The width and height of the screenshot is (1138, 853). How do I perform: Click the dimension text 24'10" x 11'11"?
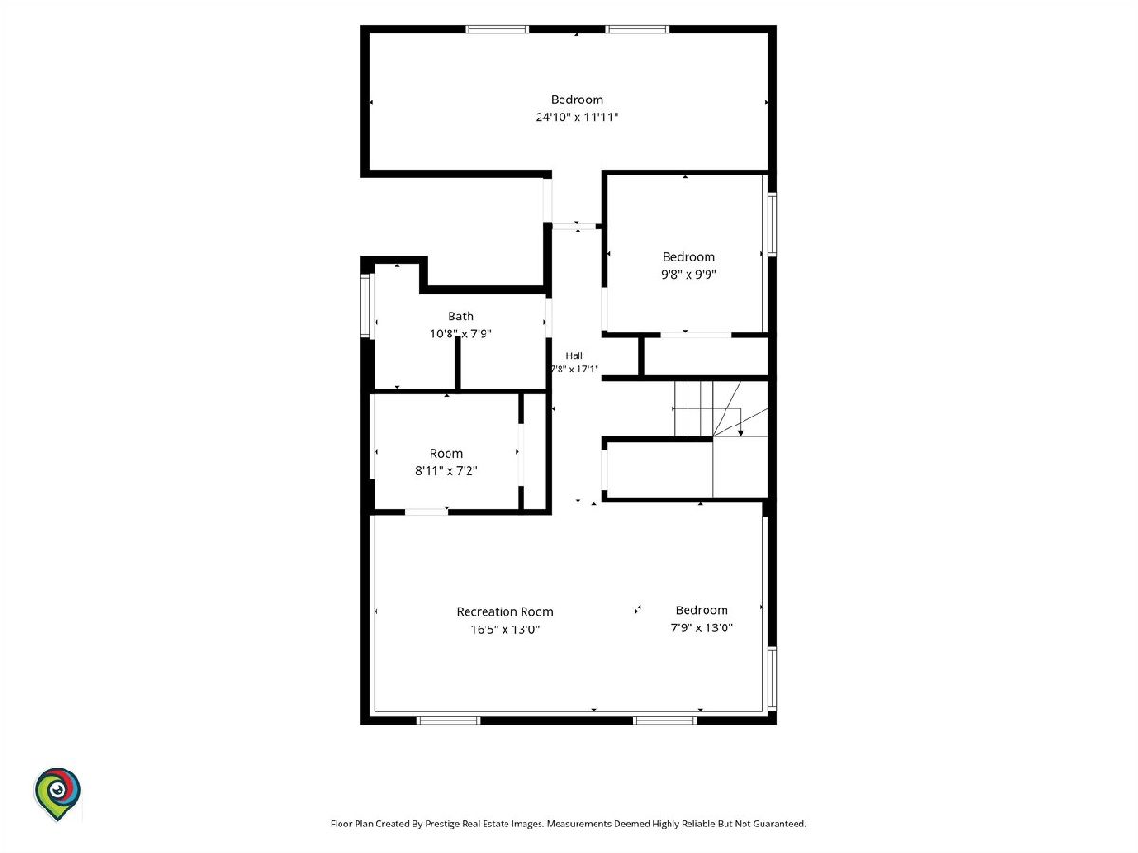(x=577, y=117)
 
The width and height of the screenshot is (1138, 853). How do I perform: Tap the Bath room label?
(x=460, y=316)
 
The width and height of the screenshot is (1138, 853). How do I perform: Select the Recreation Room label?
(x=505, y=611)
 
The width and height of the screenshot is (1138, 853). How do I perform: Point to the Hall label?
(x=574, y=355)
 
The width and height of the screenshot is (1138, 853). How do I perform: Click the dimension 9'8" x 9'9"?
(x=688, y=274)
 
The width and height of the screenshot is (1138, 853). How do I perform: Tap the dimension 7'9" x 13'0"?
(x=702, y=627)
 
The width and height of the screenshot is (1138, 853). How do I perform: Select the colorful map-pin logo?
(x=57, y=794)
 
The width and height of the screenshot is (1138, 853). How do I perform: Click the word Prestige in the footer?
(x=441, y=824)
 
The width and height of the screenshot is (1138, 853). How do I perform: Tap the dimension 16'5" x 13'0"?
(x=505, y=629)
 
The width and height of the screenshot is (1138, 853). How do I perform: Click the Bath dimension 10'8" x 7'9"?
(x=460, y=334)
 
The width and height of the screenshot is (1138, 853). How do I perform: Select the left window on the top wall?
(x=497, y=29)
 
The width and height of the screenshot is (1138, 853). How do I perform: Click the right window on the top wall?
(x=637, y=29)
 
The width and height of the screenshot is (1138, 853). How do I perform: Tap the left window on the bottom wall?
(x=449, y=720)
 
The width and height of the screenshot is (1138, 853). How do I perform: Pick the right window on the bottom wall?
(x=665, y=720)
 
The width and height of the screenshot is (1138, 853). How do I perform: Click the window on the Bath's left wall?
(x=365, y=305)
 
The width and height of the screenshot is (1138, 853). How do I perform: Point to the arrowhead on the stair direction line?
(x=741, y=433)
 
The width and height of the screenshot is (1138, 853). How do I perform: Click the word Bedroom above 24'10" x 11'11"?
(x=577, y=100)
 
